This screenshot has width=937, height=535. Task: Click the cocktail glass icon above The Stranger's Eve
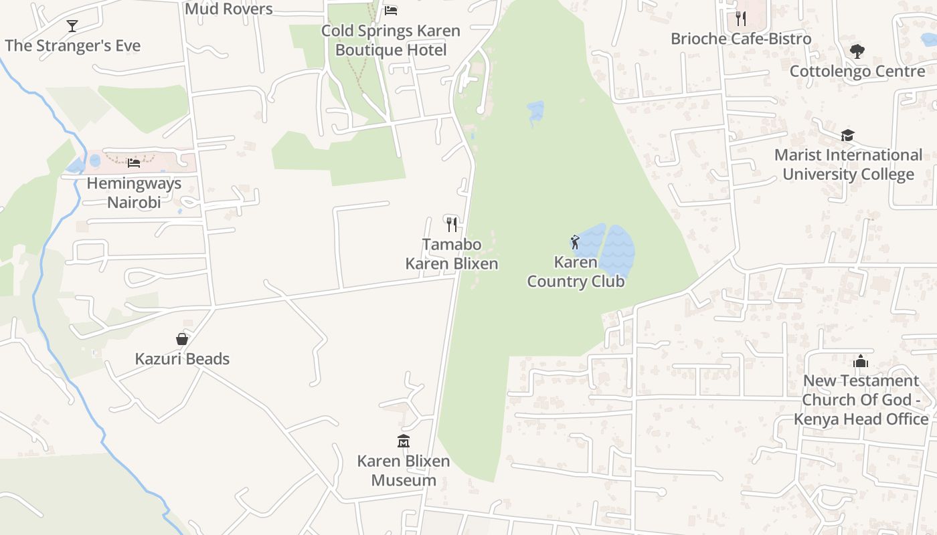click(x=72, y=26)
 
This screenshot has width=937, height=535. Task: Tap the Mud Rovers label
click(x=228, y=9)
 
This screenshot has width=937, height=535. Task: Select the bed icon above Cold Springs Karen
click(x=391, y=11)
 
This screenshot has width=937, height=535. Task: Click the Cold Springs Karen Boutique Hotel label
click(x=391, y=41)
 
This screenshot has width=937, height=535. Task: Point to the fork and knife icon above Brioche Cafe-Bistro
click(x=740, y=18)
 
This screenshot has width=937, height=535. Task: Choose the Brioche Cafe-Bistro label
click(x=741, y=39)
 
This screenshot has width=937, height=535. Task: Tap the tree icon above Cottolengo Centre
click(x=857, y=51)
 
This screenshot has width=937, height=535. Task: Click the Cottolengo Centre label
click(x=857, y=71)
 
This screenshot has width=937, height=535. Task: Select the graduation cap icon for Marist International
click(x=848, y=136)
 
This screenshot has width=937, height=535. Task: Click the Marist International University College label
click(x=848, y=165)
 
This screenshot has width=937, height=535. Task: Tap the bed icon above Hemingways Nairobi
click(x=134, y=163)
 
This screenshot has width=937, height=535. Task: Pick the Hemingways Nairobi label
click(x=134, y=193)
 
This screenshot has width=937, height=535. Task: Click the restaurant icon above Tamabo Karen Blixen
click(x=452, y=224)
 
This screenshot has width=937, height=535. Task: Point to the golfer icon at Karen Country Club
click(x=575, y=242)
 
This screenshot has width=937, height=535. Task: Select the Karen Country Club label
click(x=576, y=272)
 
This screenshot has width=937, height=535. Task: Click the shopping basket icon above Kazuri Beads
click(x=182, y=339)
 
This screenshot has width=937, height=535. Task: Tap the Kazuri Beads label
click(x=182, y=359)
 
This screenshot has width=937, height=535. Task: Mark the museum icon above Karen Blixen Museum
click(x=403, y=441)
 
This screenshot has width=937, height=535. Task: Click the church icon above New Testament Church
click(x=861, y=362)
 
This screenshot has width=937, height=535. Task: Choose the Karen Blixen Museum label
click(x=404, y=471)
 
